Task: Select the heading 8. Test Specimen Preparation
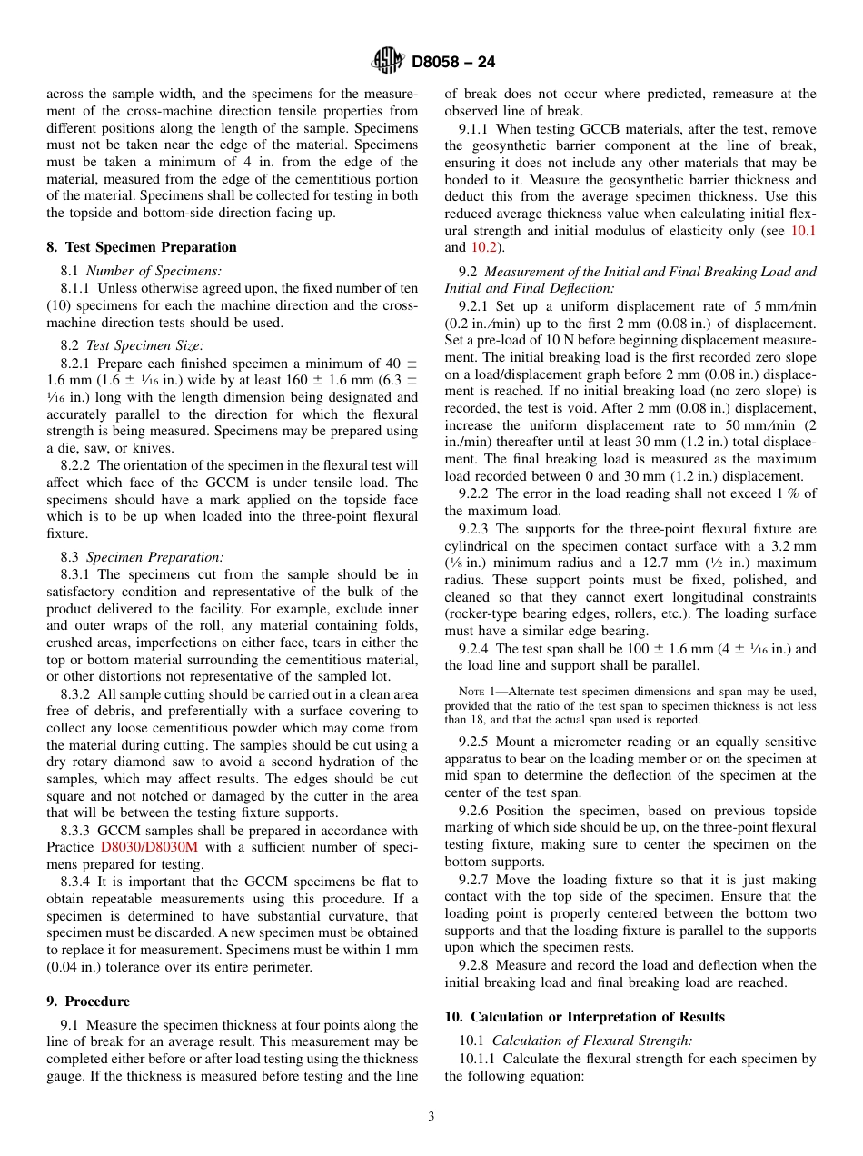(141, 247)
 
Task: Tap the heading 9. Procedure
(88, 1002)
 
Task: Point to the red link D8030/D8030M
(149, 848)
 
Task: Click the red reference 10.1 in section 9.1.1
(803, 231)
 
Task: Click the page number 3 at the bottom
(431, 1117)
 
